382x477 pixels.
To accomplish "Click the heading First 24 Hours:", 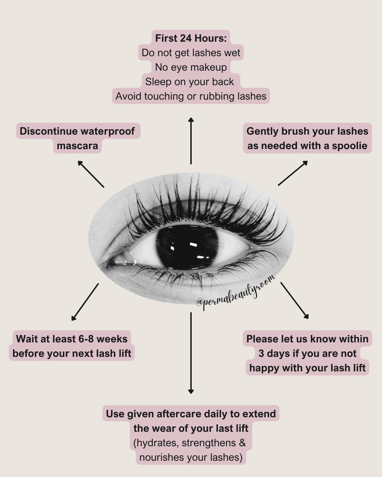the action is point(191,38).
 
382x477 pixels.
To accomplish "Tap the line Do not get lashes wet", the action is point(191,53).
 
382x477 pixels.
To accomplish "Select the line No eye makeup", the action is point(191,67).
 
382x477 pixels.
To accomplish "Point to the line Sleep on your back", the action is point(189,82).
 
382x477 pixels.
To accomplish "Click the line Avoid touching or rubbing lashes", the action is point(191,96).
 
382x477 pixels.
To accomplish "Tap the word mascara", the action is point(77,146).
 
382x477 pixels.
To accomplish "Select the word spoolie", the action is point(349,146).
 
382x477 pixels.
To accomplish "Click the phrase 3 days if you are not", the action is point(307,353).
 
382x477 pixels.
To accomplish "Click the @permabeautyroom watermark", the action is point(235,294).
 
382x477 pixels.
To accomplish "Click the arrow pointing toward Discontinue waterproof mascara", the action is point(91,174).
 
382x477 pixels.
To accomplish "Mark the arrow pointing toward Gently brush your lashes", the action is point(293,173).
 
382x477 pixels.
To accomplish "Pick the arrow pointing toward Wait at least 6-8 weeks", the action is point(85,302).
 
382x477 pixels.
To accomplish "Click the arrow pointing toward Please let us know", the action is point(295,300).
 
